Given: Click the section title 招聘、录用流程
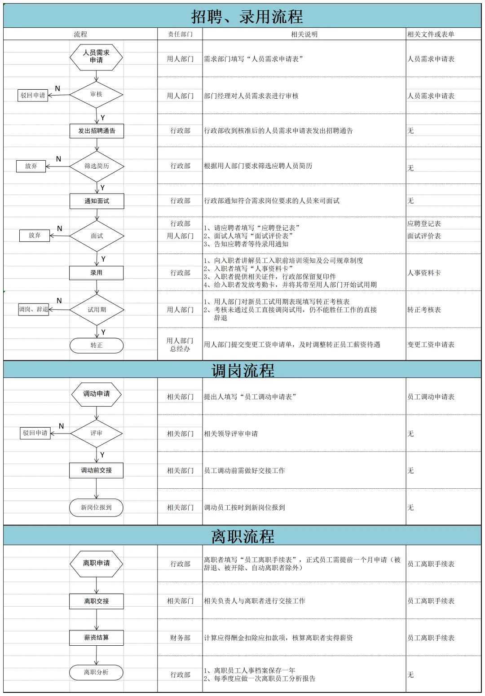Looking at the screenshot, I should [x=247, y=17].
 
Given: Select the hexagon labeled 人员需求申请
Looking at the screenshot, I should [x=96, y=57].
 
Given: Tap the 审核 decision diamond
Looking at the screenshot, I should [x=96, y=95].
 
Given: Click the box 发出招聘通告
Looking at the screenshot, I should [x=97, y=131].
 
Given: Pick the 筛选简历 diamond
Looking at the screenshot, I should [x=97, y=166].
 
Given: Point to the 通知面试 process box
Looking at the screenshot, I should [x=97, y=201].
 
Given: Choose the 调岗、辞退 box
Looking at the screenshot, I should [x=33, y=310].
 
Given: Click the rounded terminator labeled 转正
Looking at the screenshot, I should [x=97, y=345].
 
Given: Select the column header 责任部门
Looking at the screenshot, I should [x=180, y=34].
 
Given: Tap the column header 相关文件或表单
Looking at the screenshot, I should [x=431, y=34].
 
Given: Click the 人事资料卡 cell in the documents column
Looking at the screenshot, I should [x=424, y=273].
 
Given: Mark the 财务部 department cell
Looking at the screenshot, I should [x=180, y=638].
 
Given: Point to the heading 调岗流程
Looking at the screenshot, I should [x=242, y=370].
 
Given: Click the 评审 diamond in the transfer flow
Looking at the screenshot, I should [x=96, y=433].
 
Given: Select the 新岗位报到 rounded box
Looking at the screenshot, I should [x=96, y=508].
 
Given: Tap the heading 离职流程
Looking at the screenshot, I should [x=242, y=536].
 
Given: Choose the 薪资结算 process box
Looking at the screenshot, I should [x=96, y=638].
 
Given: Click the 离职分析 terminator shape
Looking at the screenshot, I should [x=96, y=672].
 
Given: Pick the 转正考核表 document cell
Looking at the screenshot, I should [x=424, y=310].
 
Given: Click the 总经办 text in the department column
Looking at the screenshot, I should [x=180, y=349].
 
